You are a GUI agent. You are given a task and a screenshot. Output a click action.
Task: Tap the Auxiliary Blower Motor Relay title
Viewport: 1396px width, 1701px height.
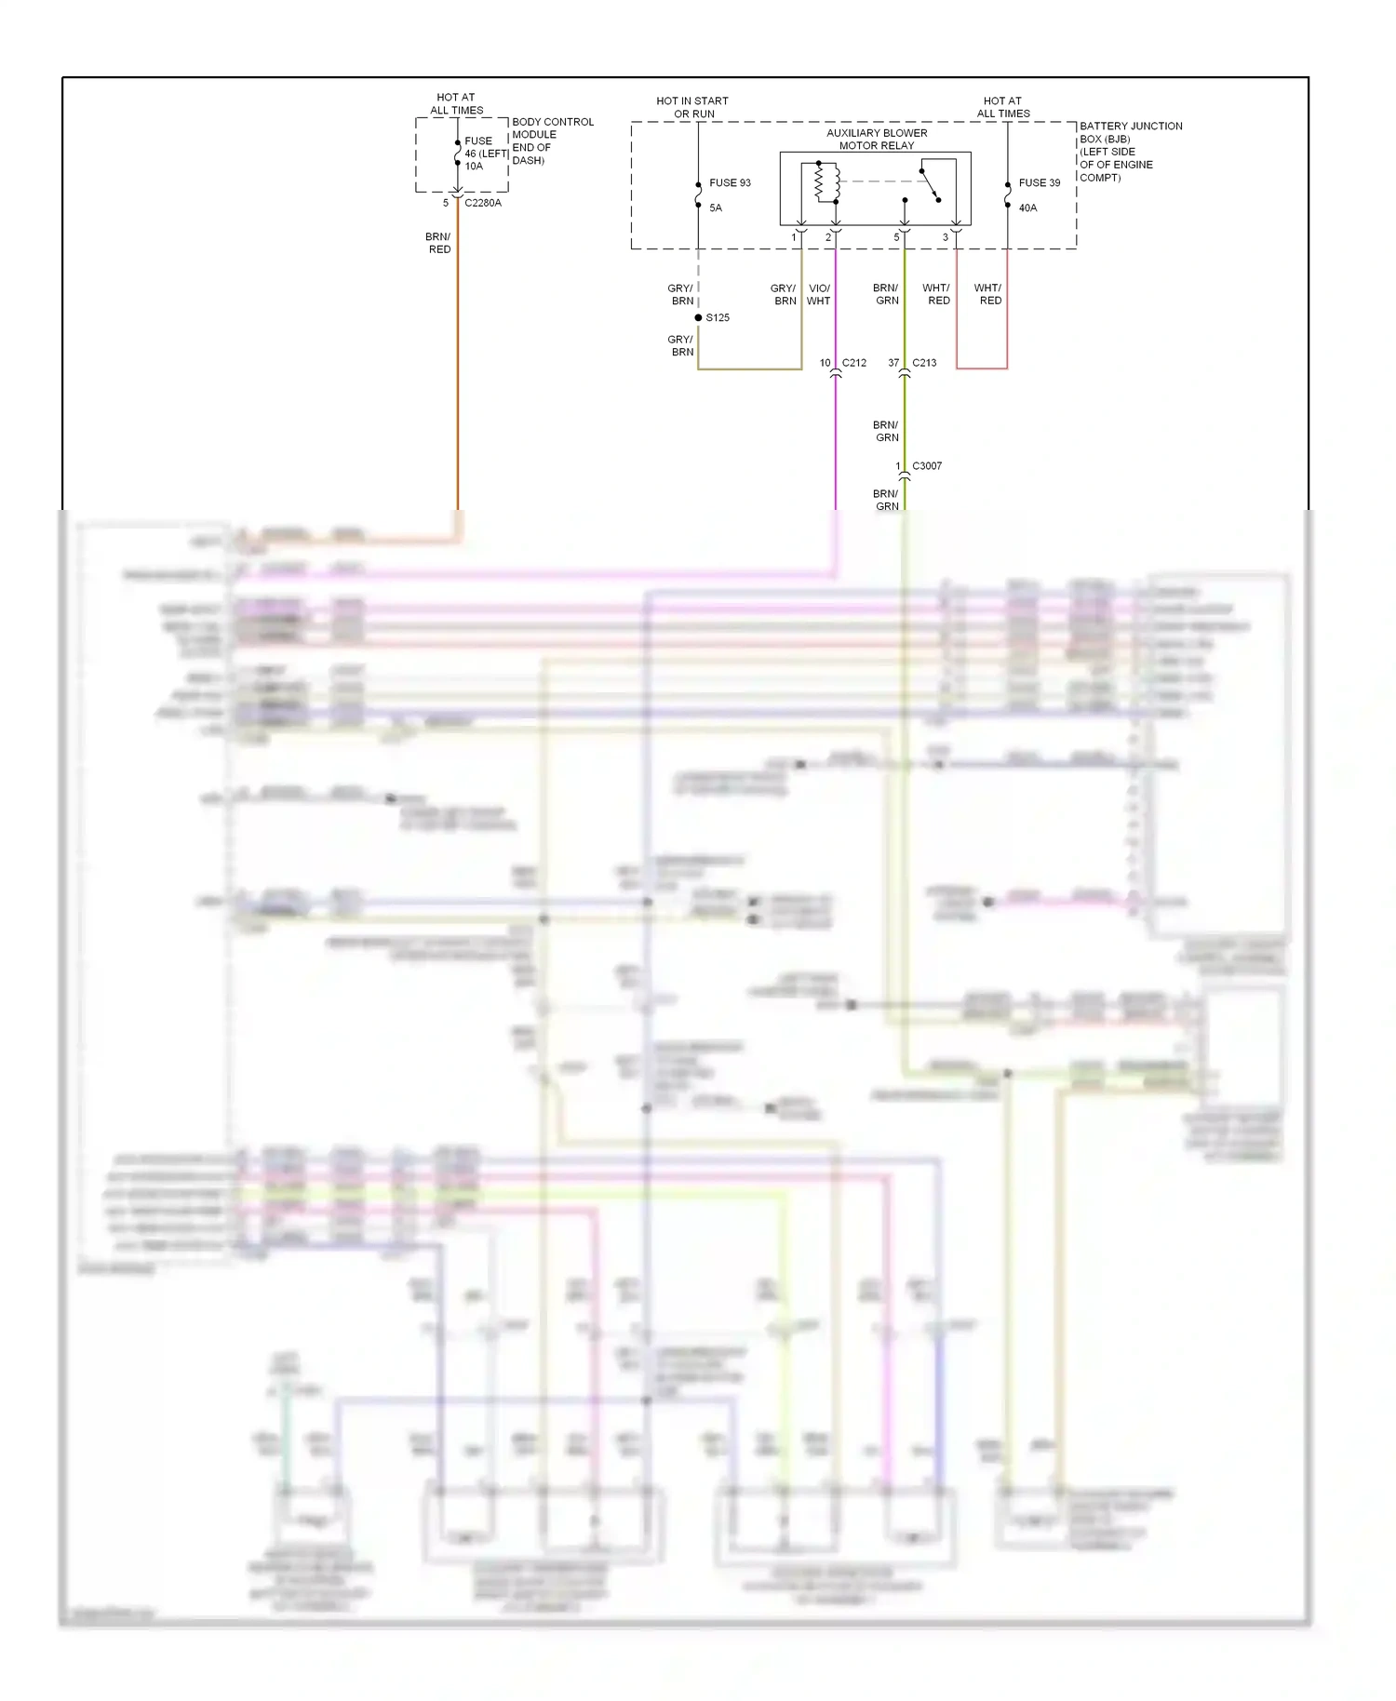[x=877, y=139]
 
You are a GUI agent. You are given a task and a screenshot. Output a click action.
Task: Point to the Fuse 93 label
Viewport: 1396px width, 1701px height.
[x=730, y=182]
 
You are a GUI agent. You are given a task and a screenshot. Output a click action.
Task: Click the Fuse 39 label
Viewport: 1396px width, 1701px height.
[x=1039, y=182]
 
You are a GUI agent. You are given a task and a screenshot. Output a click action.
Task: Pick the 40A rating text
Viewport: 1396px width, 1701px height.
[x=1027, y=208]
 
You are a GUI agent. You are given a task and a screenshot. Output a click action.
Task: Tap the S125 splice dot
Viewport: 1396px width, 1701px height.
[x=698, y=317]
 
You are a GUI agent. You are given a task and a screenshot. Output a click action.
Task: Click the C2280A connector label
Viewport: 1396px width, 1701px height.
[x=482, y=203]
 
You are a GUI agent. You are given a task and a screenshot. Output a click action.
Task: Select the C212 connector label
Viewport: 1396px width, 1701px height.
[x=853, y=363]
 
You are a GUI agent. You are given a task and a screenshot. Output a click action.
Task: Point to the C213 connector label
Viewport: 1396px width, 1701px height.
[x=924, y=363]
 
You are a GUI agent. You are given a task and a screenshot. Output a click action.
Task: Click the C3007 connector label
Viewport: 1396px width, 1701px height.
[x=927, y=465]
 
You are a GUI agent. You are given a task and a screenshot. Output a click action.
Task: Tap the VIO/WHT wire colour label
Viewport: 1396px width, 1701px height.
[x=819, y=294]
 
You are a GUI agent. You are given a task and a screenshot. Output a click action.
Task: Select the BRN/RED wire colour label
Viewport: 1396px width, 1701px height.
[x=438, y=243]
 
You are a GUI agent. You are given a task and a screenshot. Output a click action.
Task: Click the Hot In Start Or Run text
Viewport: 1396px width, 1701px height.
[x=692, y=107]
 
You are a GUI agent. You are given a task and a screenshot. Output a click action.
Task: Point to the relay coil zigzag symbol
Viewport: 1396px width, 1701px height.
[x=820, y=182]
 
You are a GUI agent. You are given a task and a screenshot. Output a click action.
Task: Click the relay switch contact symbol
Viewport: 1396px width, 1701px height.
[x=931, y=184]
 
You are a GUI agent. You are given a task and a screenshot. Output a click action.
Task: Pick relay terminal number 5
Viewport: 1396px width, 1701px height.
[x=896, y=237]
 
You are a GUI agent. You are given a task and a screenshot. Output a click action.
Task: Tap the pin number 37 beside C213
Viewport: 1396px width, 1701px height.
[x=893, y=363]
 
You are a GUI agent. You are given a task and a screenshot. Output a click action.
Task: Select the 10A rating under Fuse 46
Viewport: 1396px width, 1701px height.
[x=474, y=167]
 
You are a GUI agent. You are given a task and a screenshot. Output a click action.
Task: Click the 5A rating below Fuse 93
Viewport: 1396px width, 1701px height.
[x=715, y=208]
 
